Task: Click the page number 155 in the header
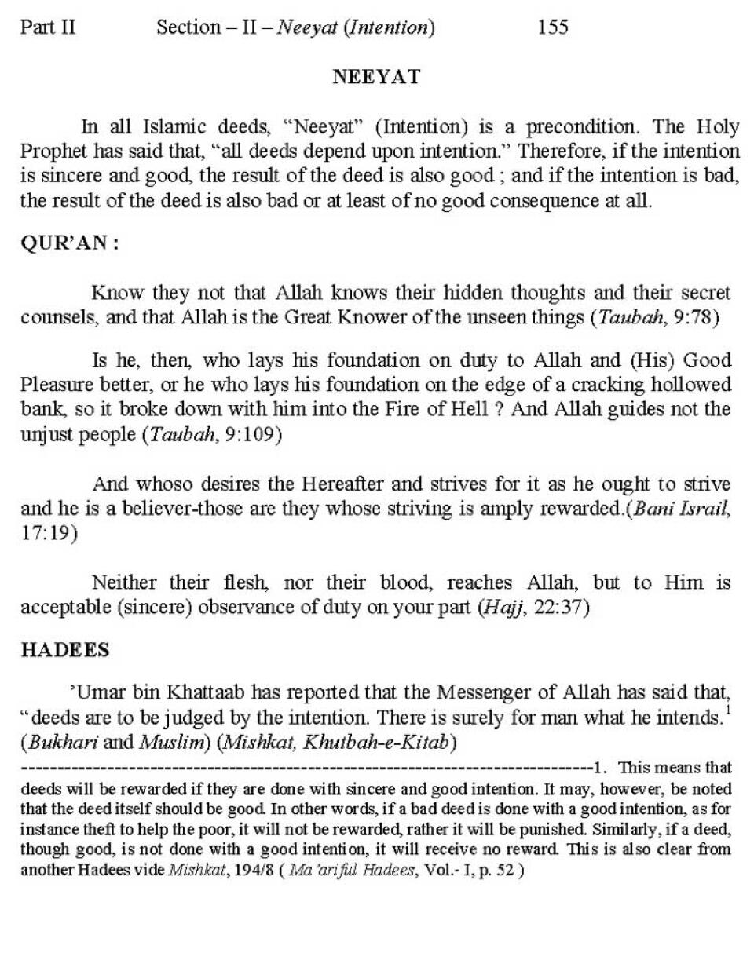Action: (x=552, y=27)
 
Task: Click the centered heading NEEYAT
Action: (x=376, y=77)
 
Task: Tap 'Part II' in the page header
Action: (x=48, y=27)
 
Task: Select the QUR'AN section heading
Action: (x=69, y=243)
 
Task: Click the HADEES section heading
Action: (x=64, y=651)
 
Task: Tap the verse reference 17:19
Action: (x=49, y=533)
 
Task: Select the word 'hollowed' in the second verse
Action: (x=691, y=385)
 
